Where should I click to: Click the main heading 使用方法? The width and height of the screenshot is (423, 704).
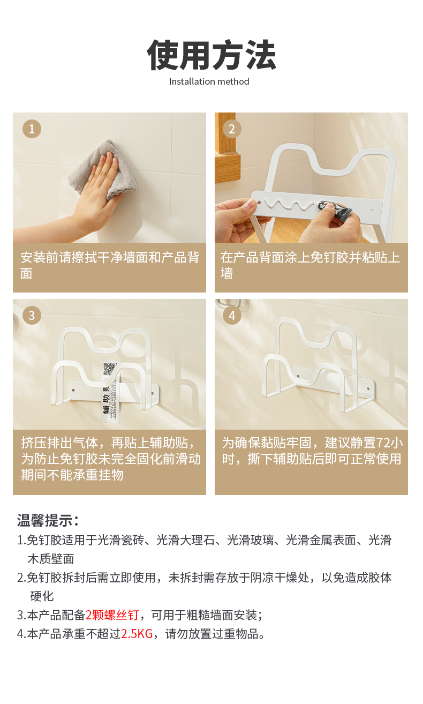(x=211, y=55)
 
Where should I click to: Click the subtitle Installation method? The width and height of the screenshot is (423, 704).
(x=209, y=82)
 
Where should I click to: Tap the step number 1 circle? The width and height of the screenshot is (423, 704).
(x=32, y=129)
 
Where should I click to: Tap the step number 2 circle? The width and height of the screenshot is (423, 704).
(x=232, y=129)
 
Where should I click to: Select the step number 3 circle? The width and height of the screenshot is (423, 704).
(x=32, y=315)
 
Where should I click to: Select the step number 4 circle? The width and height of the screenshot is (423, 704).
(x=232, y=315)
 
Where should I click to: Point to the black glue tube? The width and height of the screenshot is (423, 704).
(x=335, y=210)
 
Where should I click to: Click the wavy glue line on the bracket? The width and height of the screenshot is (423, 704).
(x=289, y=204)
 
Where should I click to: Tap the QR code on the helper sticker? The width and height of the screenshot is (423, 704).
(x=110, y=369)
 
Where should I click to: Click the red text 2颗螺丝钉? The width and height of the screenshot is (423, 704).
(x=112, y=615)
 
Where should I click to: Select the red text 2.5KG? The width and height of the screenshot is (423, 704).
(x=137, y=634)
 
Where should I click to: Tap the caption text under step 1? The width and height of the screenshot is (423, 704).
(x=110, y=265)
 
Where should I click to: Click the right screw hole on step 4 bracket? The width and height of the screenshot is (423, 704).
(x=369, y=389)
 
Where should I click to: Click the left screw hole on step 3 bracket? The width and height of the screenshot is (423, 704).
(x=73, y=390)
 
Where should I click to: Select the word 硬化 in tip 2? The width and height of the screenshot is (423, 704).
(x=42, y=596)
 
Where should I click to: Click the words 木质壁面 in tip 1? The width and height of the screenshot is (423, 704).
(x=51, y=559)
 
